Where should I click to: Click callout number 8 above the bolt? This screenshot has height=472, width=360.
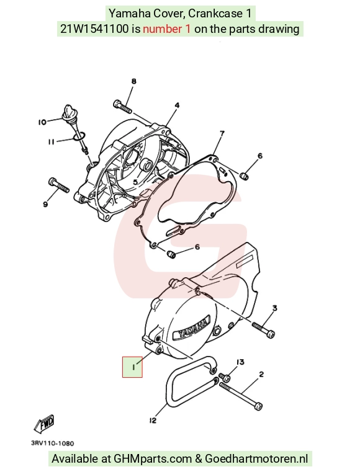point(134,81)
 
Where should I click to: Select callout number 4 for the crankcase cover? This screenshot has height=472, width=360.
point(177,105)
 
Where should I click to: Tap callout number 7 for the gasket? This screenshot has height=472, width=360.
point(222,133)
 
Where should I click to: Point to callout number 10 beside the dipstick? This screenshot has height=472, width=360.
point(42,122)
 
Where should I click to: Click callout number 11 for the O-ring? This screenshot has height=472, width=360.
point(52,141)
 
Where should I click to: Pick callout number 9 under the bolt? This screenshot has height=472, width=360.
point(45,205)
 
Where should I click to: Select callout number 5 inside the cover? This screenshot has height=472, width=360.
point(135,182)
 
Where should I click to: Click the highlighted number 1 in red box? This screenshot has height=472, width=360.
point(132,367)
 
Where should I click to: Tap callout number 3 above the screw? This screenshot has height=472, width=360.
point(275,308)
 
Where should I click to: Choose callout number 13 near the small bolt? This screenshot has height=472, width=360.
point(240,362)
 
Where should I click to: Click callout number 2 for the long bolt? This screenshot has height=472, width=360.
point(261,374)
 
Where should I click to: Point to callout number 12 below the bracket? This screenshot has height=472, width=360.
point(153,421)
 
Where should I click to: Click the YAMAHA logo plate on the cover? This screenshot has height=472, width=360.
point(191,329)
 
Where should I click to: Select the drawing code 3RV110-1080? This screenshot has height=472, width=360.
point(52,443)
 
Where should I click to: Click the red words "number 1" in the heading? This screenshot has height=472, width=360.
point(166,29)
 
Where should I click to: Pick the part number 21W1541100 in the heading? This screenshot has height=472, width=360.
point(95,29)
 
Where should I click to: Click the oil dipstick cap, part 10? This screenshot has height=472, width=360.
point(66,113)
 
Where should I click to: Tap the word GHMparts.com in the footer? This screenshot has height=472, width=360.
point(153,459)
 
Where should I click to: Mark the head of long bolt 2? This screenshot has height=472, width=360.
point(258,406)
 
